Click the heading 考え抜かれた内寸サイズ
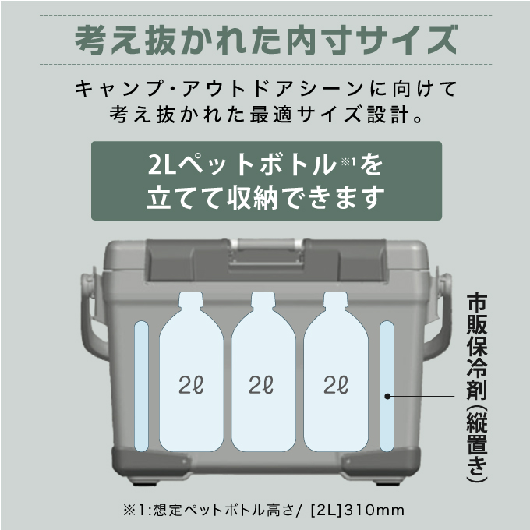[265, 37]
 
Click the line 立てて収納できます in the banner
[265, 198]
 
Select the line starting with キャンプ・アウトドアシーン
[265, 88]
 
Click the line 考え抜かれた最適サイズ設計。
[265, 116]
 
